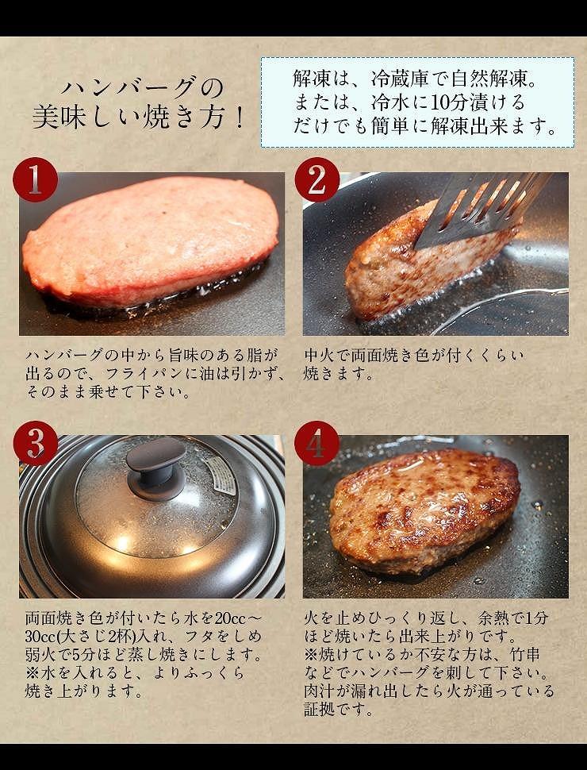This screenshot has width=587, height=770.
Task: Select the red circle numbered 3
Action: pyautogui.click(x=35, y=443)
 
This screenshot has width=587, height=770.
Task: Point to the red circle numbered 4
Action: pyautogui.click(x=317, y=443)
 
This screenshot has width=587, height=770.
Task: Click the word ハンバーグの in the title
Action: pyautogui.click(x=142, y=87)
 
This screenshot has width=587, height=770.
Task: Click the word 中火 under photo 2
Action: pyautogui.click(x=320, y=356)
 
